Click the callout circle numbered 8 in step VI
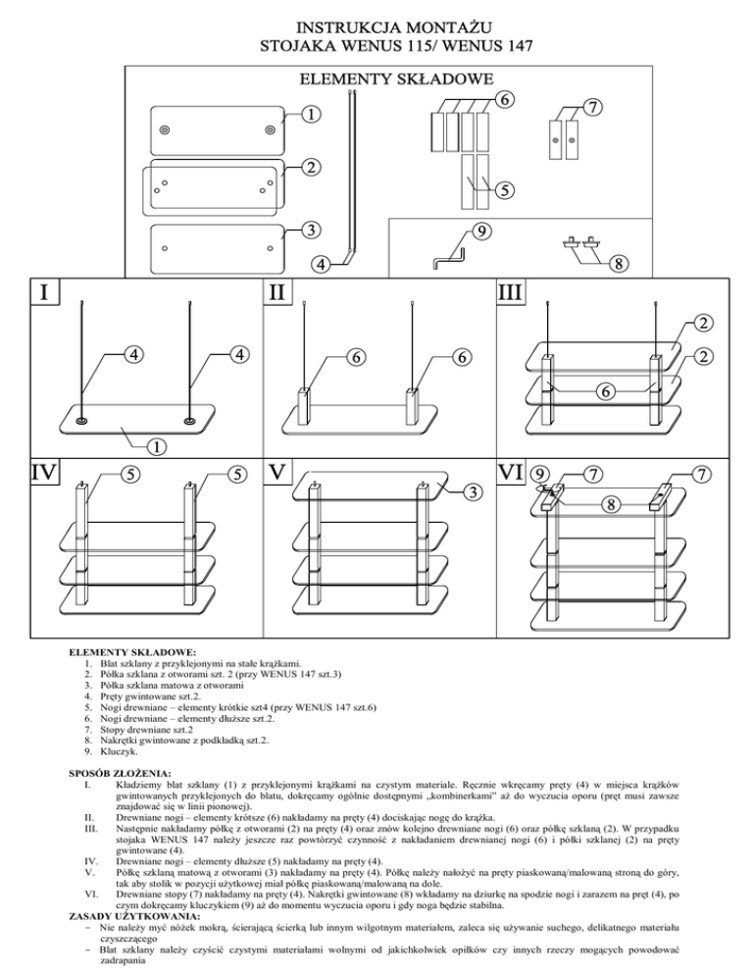[609, 505]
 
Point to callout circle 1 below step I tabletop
[154, 446]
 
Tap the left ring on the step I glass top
[81, 420]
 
